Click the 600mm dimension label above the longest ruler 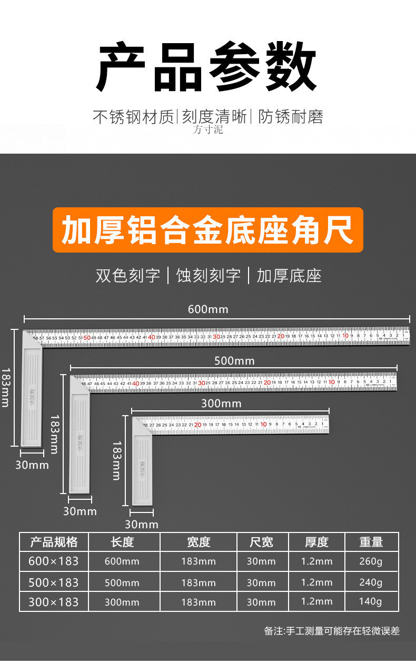(x=208, y=309)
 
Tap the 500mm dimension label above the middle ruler (x=234, y=361)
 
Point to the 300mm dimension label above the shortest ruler (x=221, y=404)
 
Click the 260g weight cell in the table (x=371, y=561)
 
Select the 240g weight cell (x=371, y=582)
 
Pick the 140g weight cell (x=371, y=601)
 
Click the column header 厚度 (x=316, y=542)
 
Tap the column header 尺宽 (x=261, y=542)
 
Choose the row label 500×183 (x=53, y=582)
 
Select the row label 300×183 (x=53, y=601)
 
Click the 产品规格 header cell (x=54, y=542)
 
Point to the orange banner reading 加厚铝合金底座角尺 (x=207, y=230)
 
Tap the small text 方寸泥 (x=207, y=129)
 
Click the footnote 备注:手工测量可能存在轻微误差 (x=332, y=631)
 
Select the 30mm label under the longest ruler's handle (x=32, y=465)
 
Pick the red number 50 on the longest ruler (x=87, y=337)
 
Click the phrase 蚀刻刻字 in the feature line (x=209, y=275)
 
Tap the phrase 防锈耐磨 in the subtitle (x=291, y=117)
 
